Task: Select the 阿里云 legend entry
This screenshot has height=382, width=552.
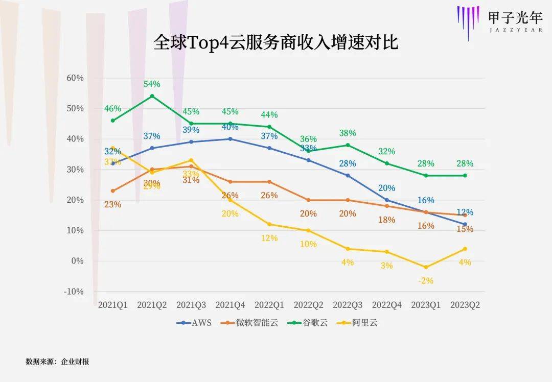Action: click(x=364, y=322)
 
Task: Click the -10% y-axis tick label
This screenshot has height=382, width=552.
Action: click(x=75, y=292)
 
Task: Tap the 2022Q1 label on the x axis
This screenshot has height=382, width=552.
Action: click(x=269, y=305)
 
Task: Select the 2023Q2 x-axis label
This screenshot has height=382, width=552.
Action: click(x=465, y=305)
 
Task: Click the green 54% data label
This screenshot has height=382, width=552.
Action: click(x=152, y=84)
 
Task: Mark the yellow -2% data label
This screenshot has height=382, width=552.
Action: click(x=426, y=280)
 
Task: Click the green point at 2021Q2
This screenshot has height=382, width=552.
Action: click(x=152, y=96)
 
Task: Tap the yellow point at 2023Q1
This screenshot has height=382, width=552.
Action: click(x=426, y=267)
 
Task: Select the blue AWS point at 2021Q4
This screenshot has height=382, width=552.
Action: click(x=230, y=139)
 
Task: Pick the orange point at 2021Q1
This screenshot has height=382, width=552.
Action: click(x=112, y=191)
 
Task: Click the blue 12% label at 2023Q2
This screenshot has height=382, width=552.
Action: click(x=465, y=212)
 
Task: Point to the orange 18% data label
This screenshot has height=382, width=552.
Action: click(x=386, y=220)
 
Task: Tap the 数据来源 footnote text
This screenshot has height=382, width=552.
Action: click(x=57, y=362)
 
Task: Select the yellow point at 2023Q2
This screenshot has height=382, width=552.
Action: click(x=465, y=249)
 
